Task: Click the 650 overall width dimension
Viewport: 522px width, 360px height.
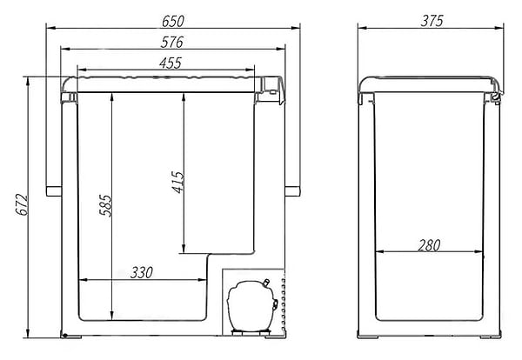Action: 173,21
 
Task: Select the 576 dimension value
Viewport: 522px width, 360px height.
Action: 171,43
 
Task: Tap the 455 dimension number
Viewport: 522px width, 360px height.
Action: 171,63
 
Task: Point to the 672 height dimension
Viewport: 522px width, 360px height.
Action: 23,205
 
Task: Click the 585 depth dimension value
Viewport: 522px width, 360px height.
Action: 106,205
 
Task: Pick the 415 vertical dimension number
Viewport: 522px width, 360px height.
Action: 177,182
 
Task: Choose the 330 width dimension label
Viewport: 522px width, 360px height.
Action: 142,272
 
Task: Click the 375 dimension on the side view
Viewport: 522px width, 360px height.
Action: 432,21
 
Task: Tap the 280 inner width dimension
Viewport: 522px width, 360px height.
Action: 429,245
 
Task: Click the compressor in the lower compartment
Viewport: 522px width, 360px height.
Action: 252,305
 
